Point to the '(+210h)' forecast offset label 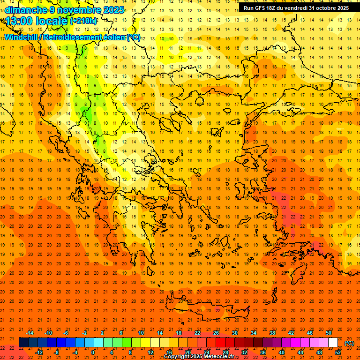point(83,21)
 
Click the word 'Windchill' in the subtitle point(21,37)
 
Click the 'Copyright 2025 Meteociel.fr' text point(199,357)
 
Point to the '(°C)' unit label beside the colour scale point(349,343)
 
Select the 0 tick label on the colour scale point(93,352)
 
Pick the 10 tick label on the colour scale point(141,333)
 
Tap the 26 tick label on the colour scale point(216,333)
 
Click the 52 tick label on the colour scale point(338,352)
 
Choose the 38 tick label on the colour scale point(272,333)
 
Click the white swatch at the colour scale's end point(333,343)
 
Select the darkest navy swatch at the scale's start point(23,343)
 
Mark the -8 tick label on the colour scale point(57,352)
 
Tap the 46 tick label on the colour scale point(310,333)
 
